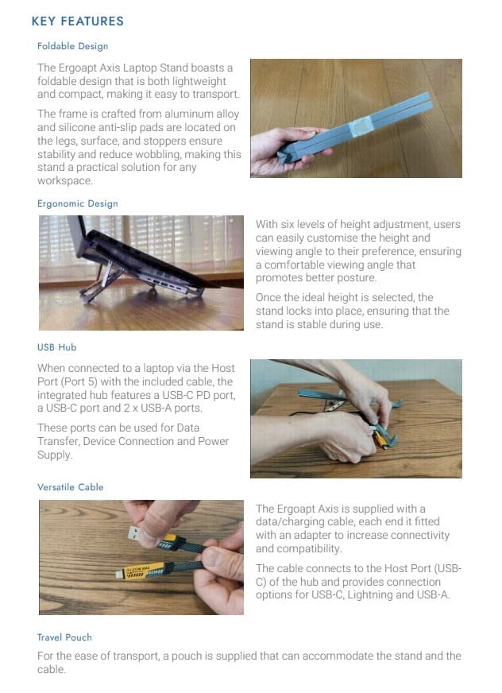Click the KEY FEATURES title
pyautogui.click(x=78, y=21)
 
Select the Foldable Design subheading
pyautogui.click(x=72, y=46)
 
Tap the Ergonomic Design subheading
pyautogui.click(x=78, y=203)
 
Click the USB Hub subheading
pyautogui.click(x=57, y=347)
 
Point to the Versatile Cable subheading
pyautogui.click(x=70, y=487)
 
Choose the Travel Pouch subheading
pyautogui.click(x=64, y=637)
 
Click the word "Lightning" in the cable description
pyautogui.click(x=370, y=595)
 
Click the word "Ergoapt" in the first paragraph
pyautogui.click(x=76, y=68)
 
